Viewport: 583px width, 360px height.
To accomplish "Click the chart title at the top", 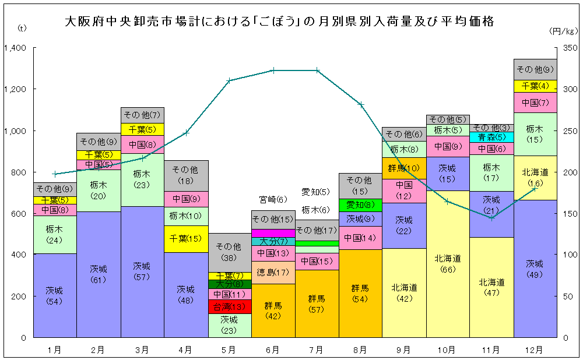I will click(279, 22).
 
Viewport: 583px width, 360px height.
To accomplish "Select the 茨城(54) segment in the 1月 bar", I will click(54, 295).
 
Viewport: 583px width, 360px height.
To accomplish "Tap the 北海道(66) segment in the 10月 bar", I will click(448, 263).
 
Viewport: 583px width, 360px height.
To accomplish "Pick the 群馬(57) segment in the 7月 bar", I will click(317, 303).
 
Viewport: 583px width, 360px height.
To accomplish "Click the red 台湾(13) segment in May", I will click(229, 307).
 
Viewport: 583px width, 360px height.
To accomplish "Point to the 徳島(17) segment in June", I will click(273, 272).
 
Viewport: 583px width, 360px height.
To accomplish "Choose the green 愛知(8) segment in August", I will click(360, 205).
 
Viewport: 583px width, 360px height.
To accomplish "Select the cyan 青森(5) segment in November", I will click(491, 137).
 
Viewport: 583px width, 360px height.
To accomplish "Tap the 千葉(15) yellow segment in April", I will click(185, 239).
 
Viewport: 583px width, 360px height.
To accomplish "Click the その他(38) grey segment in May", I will click(229, 252).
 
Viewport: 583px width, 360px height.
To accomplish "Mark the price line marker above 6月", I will click(273, 70).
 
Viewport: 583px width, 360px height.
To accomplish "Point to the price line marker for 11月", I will click(491, 218).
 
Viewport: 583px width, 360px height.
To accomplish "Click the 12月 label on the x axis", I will click(535, 350).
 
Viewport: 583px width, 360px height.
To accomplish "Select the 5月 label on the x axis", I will click(229, 350).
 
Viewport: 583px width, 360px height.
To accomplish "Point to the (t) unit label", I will click(22, 27).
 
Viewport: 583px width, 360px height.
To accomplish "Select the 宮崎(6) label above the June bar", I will click(273, 199).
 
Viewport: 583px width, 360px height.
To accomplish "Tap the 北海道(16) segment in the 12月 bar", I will click(535, 177).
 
